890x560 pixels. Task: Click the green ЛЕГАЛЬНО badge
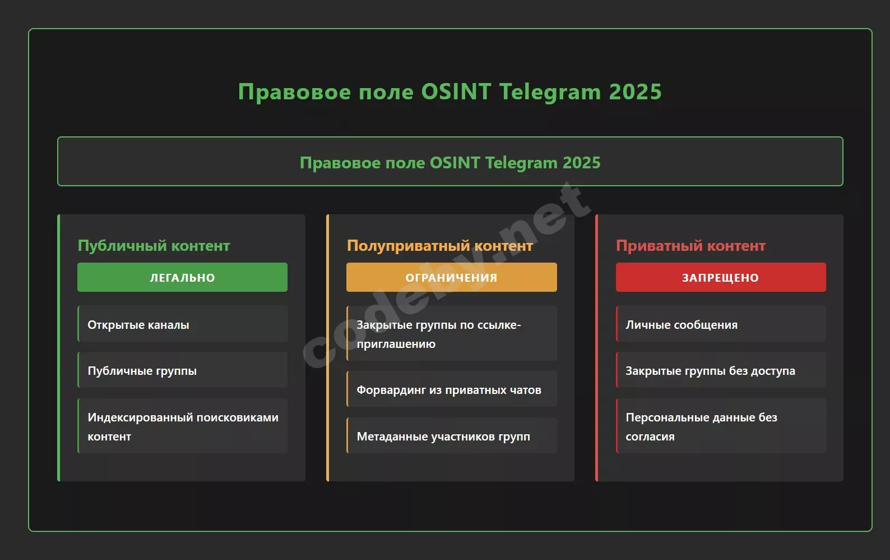[182, 277]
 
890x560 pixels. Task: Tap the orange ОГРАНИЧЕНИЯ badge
[451, 277]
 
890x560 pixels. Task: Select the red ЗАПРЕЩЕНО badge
[721, 277]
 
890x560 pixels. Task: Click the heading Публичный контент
[154, 245]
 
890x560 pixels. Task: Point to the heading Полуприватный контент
[440, 245]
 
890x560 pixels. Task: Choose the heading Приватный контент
[690, 245]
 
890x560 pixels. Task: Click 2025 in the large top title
[636, 91]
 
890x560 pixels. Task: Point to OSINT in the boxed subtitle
[455, 162]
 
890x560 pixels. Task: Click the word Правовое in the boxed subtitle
[340, 163]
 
